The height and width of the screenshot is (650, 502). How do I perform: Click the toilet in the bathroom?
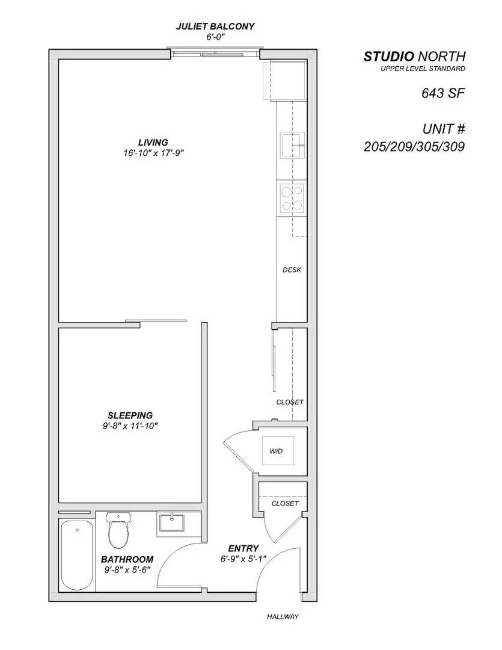click(x=118, y=530)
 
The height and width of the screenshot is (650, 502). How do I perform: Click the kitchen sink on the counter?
click(x=292, y=144)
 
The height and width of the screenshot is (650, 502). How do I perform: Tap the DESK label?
click(x=292, y=270)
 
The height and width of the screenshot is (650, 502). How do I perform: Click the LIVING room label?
click(x=153, y=143)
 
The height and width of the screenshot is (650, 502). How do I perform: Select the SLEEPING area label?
click(x=130, y=415)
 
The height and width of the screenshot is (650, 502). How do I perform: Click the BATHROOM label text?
click(x=127, y=559)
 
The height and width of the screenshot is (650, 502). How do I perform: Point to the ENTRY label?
click(x=243, y=548)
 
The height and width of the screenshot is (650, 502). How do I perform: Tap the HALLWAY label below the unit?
click(x=283, y=616)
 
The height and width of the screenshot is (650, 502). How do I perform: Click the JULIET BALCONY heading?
click(x=215, y=26)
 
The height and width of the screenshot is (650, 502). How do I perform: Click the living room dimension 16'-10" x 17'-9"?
click(x=153, y=153)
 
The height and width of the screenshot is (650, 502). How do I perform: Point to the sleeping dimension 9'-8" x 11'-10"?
click(x=130, y=426)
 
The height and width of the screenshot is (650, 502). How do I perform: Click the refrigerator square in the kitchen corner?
click(x=283, y=80)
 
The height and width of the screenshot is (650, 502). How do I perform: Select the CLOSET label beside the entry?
click(x=285, y=503)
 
